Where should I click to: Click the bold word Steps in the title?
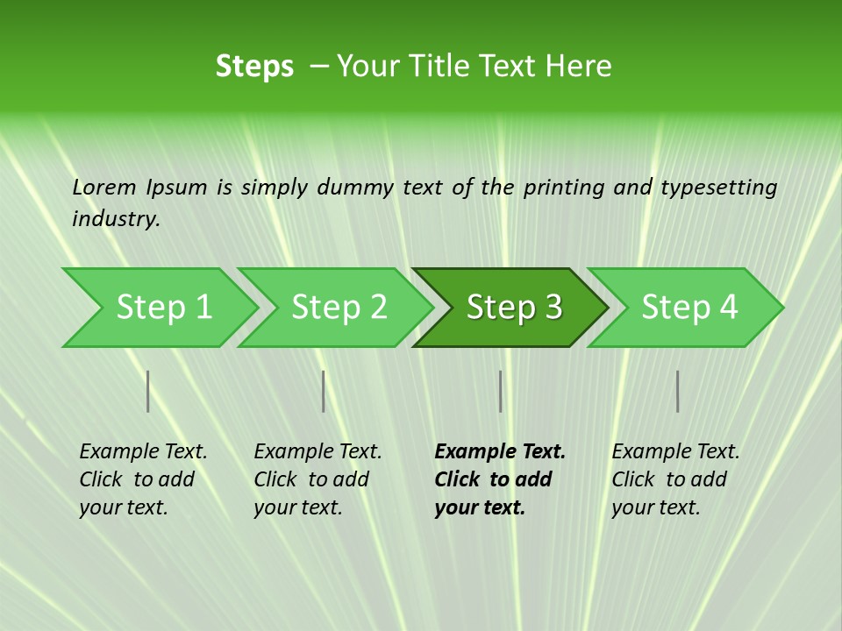coord(254,67)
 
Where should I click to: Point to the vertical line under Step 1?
coord(148,391)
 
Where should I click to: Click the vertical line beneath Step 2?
coord(324,391)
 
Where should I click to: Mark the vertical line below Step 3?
coord(501,391)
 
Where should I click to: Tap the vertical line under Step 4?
coord(678,391)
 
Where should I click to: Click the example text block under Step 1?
coord(143,479)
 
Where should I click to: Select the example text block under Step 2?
coord(318,479)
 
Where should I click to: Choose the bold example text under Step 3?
coord(499,479)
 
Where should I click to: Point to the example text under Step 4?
coord(675,479)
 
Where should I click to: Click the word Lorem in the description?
coord(104,187)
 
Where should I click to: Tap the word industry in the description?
coord(116,219)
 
